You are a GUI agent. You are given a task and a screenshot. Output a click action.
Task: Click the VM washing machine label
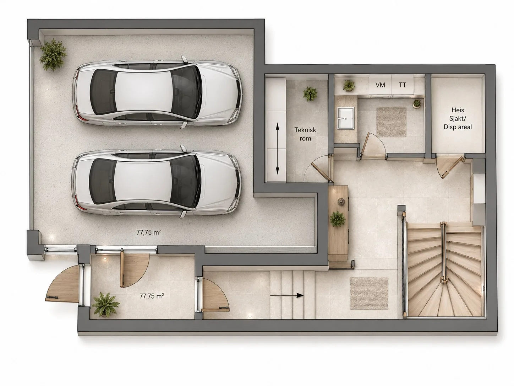pos(380,85)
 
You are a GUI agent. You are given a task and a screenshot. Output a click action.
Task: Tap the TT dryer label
pos(402,85)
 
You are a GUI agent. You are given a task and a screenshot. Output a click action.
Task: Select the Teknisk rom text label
pos(305,134)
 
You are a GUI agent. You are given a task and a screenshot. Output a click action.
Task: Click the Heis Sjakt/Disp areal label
pos(458,118)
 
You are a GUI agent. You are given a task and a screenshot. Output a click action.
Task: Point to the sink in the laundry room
pos(345,118)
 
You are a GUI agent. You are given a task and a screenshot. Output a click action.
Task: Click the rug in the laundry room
pos(391,122)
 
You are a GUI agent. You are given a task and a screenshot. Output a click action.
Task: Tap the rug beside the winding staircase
pos(369,293)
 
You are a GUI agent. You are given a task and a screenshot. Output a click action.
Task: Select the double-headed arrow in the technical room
pos(277,149)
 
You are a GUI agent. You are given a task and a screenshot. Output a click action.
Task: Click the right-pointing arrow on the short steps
pos(286,295)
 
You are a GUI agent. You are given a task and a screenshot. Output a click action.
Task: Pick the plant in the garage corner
pos(53,55)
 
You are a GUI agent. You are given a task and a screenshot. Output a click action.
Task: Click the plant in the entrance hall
pos(105,304)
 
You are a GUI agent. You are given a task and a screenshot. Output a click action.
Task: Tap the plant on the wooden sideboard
pos(337,219)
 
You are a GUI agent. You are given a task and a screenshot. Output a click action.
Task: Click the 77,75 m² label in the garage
pos(148,232)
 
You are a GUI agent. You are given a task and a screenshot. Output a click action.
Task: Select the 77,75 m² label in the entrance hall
pos(152,296)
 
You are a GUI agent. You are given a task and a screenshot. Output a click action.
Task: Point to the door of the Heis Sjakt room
pos(448,167)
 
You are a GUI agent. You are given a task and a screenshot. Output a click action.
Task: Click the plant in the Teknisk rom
pos(310,93)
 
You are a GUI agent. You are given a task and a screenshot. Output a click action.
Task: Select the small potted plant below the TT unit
pos(417,103)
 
